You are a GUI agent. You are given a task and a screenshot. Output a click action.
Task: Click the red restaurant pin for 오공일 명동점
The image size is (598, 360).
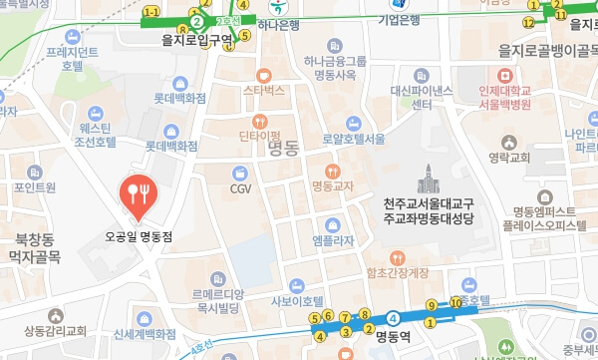click(x=137, y=193)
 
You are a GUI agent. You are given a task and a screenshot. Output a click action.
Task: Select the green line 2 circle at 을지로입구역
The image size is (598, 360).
click(x=197, y=21)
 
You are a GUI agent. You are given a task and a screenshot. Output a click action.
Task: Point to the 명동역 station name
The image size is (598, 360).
click(x=393, y=336)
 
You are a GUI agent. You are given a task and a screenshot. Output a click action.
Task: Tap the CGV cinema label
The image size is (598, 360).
click(x=240, y=186)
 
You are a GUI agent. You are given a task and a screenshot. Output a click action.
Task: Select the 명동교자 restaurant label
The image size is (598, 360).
click(x=333, y=184)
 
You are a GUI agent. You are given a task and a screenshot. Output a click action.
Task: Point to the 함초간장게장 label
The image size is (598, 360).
click(x=397, y=271)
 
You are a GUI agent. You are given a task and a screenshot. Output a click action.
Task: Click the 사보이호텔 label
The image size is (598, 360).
click(x=297, y=299)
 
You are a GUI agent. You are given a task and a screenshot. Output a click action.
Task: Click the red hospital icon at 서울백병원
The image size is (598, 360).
click(x=505, y=76)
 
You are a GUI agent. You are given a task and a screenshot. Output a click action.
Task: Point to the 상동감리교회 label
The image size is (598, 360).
click(x=55, y=330)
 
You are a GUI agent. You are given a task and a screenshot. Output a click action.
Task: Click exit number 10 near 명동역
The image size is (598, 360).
click(x=455, y=302)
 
